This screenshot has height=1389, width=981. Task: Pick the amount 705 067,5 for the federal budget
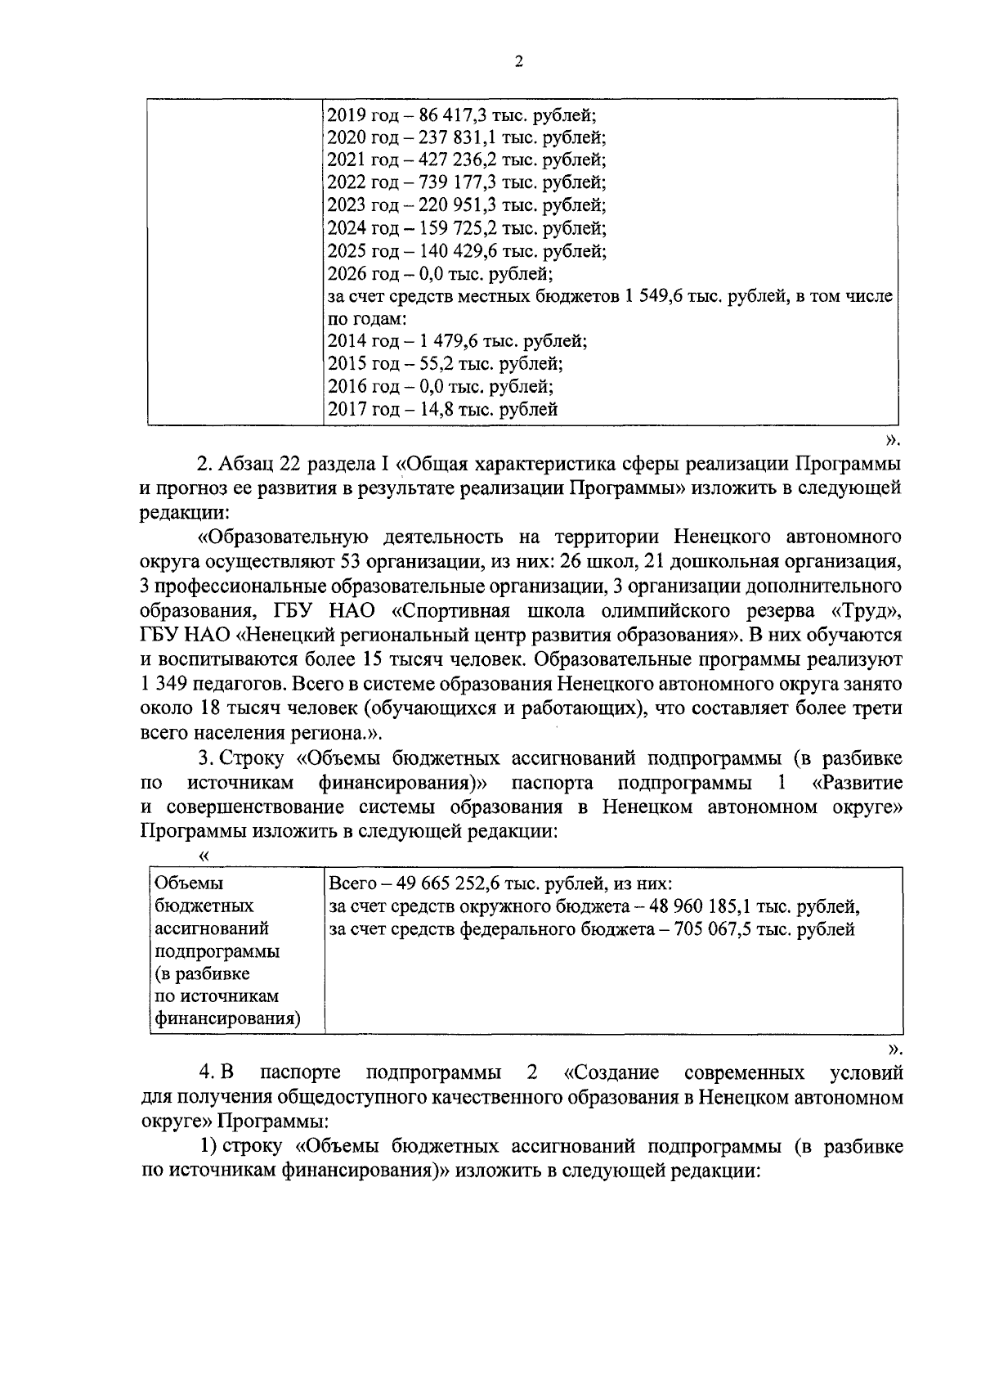pos(728,929)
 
